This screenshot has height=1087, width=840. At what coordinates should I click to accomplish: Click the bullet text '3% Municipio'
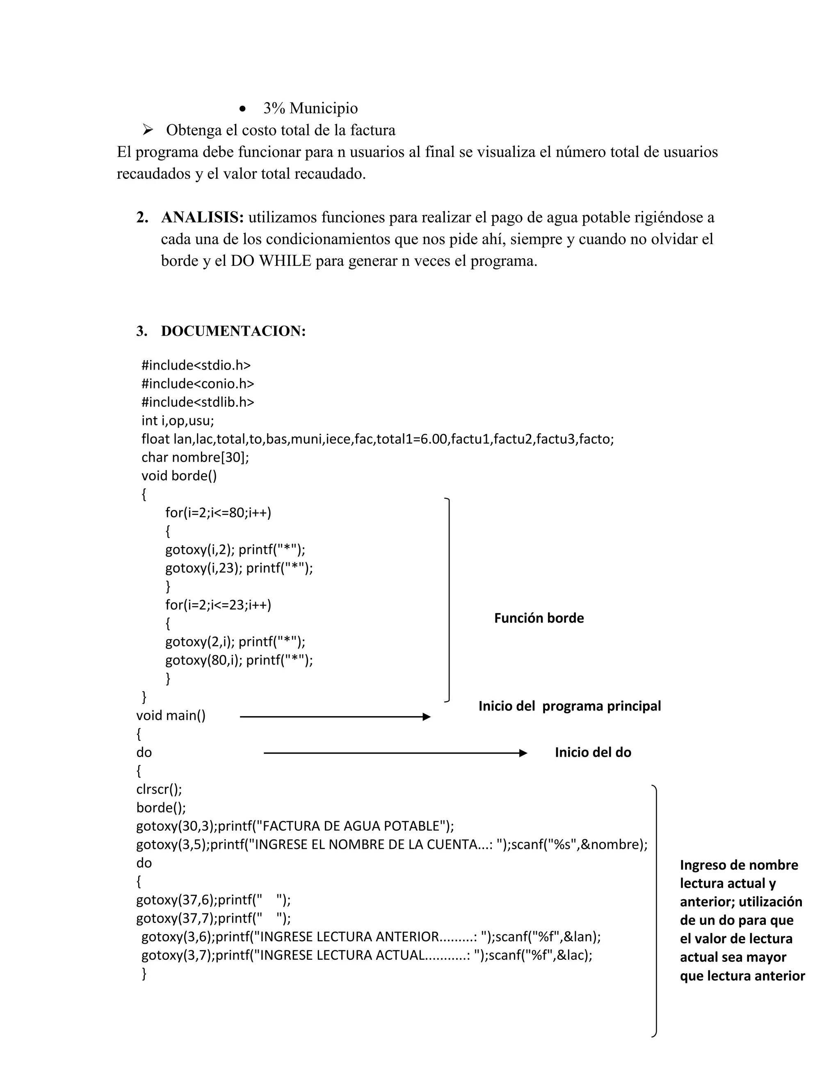pyautogui.click(x=310, y=108)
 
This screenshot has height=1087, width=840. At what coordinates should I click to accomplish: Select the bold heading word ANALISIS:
pyautogui.click(x=202, y=217)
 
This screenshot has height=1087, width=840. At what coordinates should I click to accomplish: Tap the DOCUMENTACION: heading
pyautogui.click(x=233, y=331)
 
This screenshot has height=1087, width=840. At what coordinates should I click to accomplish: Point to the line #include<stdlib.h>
pyautogui.click(x=198, y=402)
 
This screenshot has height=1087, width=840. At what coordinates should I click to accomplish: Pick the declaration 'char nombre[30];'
pyautogui.click(x=195, y=457)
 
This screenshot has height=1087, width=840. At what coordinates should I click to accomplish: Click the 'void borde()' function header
pyautogui.click(x=179, y=476)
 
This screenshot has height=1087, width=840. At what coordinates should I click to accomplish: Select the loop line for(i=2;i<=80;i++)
pyautogui.click(x=219, y=513)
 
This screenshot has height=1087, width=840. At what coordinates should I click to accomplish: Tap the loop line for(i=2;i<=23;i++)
pyautogui.click(x=219, y=605)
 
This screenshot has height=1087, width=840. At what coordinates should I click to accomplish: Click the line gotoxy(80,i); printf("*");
pyautogui.click(x=239, y=660)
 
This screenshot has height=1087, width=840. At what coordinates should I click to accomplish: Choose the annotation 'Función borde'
pyautogui.click(x=539, y=618)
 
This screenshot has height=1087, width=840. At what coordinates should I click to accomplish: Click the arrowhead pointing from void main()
pyautogui.click(x=427, y=717)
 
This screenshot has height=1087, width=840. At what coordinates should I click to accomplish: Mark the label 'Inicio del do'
pyautogui.click(x=593, y=753)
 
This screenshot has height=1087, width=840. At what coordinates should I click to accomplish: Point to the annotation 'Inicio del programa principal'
pyautogui.click(x=570, y=706)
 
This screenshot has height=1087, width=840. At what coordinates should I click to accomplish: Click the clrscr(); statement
pyautogui.click(x=159, y=789)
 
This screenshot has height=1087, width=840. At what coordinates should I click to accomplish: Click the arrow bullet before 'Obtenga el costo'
pyautogui.click(x=147, y=130)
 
